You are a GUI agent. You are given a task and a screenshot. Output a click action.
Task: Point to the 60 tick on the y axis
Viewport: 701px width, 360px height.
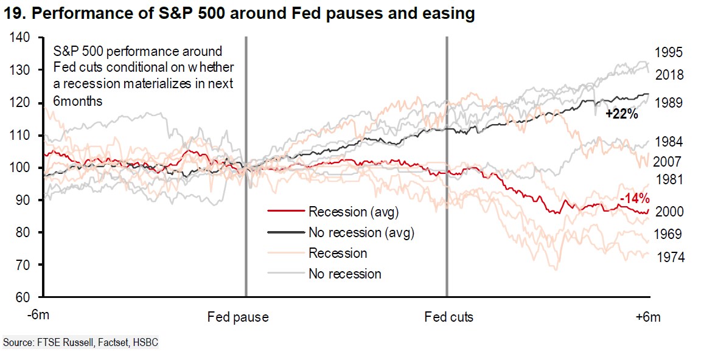23,297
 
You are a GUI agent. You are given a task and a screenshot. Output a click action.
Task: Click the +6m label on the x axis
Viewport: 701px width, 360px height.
648,317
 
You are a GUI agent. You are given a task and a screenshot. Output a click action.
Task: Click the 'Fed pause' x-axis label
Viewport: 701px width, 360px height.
238,317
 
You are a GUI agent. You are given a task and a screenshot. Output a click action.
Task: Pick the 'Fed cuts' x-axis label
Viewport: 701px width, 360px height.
448,317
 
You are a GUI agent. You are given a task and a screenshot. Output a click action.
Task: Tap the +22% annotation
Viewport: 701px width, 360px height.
621,114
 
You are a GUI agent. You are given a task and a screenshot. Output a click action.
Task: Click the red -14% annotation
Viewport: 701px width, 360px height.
634,198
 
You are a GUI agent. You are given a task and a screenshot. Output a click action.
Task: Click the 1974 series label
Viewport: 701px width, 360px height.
671,258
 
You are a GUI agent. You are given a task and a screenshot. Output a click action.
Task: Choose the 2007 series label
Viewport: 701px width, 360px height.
671,162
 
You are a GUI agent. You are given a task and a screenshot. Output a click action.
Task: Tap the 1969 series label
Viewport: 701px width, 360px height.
671,235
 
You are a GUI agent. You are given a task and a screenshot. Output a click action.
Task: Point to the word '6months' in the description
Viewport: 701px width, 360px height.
78,101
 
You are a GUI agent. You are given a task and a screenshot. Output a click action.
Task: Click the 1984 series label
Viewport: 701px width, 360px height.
671,142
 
